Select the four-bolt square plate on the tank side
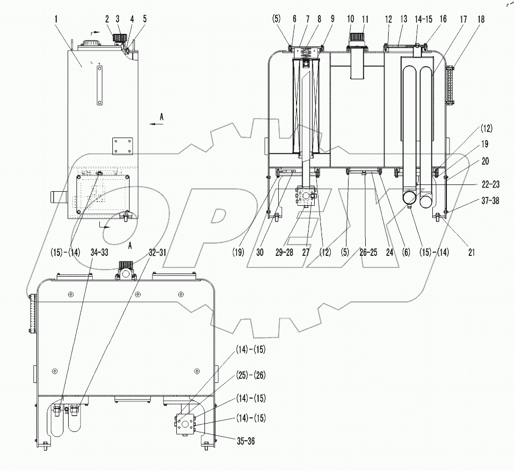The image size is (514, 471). click(123, 146)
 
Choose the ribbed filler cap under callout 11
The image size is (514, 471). click(357, 39)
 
